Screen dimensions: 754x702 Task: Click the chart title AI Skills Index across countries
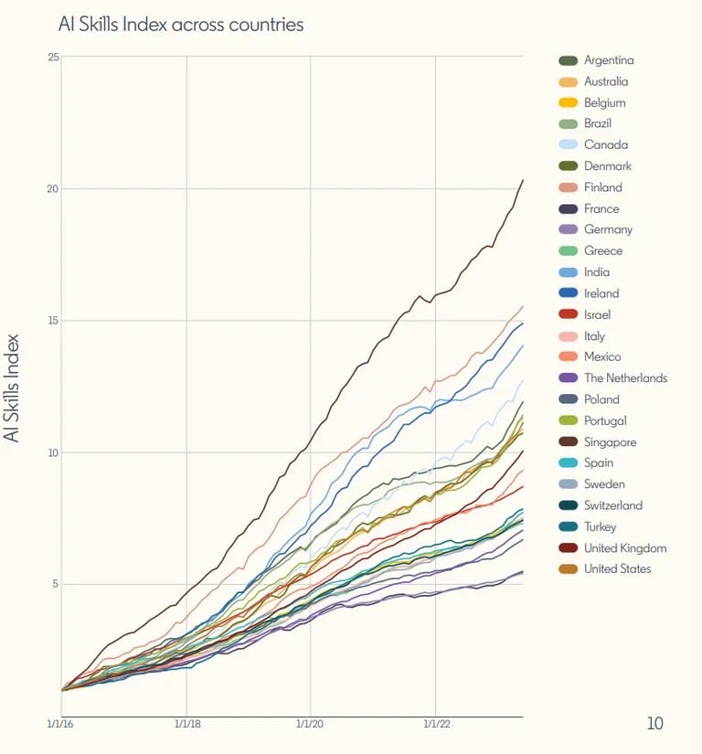click(x=181, y=25)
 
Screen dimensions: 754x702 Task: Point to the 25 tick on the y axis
click(x=53, y=57)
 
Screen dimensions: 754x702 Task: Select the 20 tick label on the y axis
click(x=53, y=189)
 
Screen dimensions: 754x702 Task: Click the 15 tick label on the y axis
click(x=53, y=321)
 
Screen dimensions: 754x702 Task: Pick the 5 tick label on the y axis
click(x=55, y=584)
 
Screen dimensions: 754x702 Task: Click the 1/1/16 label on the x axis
click(x=61, y=724)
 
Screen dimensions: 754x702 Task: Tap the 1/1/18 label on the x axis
click(x=186, y=724)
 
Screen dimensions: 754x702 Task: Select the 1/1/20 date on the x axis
click(x=311, y=724)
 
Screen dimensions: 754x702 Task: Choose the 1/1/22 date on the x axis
click(x=436, y=724)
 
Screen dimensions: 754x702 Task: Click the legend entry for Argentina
click(x=609, y=60)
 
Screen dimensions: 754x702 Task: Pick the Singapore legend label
click(x=610, y=442)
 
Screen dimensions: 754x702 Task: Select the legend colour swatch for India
click(x=568, y=272)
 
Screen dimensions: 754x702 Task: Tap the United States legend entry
click(x=618, y=569)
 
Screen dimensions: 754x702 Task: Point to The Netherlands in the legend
click(x=625, y=378)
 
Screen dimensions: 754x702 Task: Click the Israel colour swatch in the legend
click(x=568, y=314)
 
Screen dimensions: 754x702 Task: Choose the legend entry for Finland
click(x=602, y=187)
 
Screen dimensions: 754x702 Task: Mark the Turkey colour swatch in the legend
click(x=568, y=526)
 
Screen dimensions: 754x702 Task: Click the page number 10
click(x=654, y=724)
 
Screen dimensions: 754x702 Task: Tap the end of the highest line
click(x=523, y=180)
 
